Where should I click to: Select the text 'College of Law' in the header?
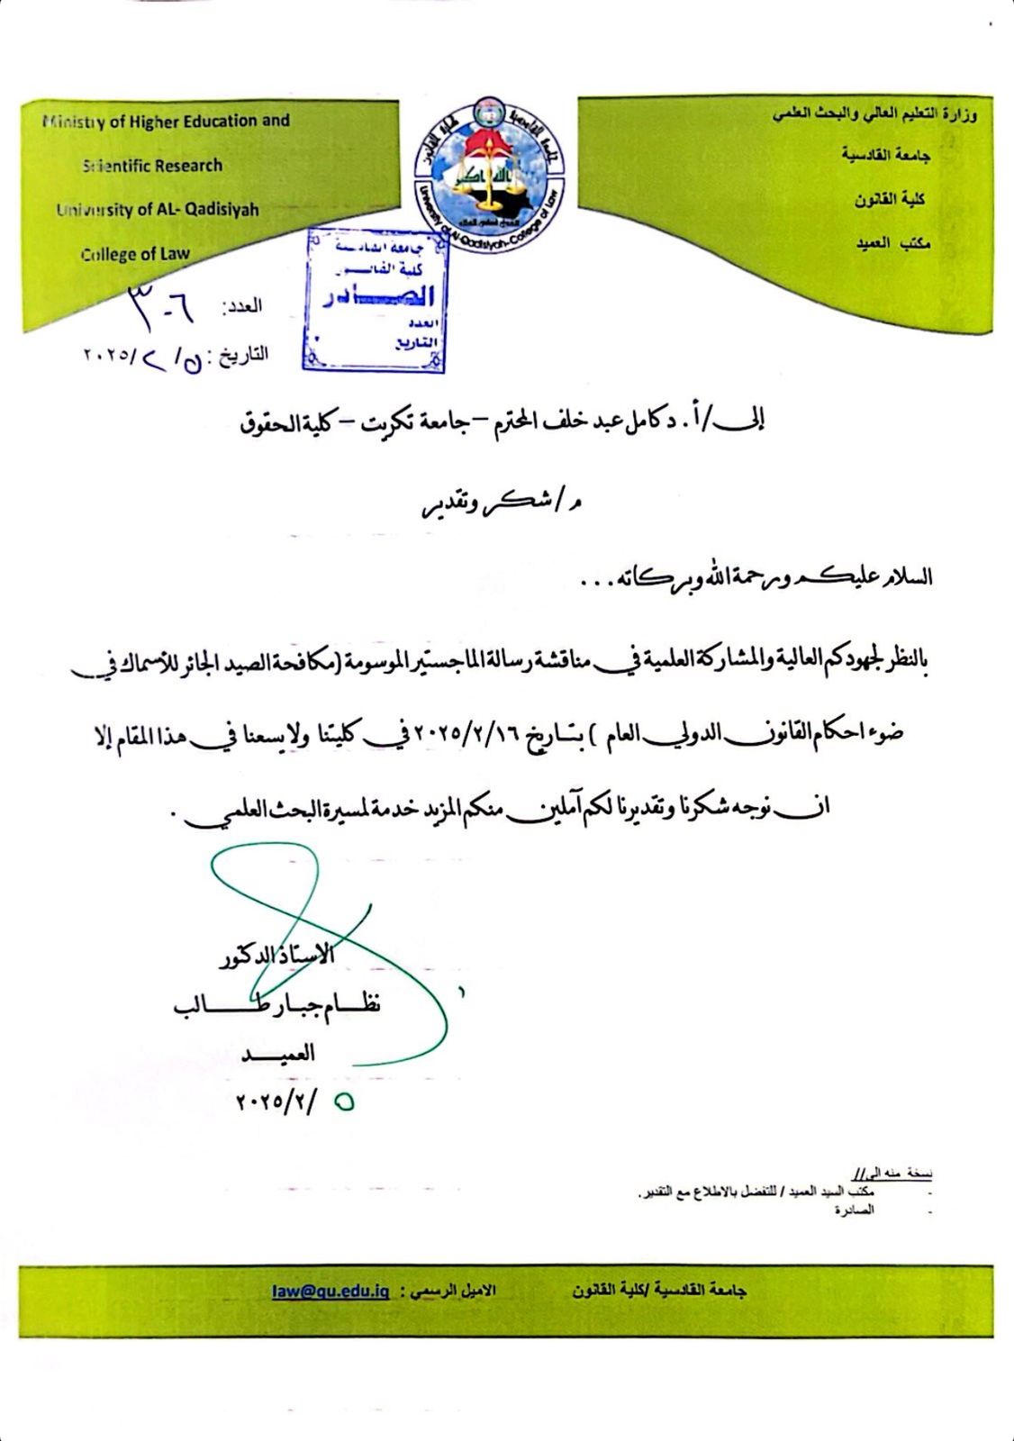tap(135, 254)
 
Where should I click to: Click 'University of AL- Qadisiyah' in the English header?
tap(158, 210)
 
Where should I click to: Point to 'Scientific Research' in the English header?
tap(152, 166)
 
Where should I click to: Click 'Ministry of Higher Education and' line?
tap(166, 121)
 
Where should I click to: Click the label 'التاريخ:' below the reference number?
tap(243, 355)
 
